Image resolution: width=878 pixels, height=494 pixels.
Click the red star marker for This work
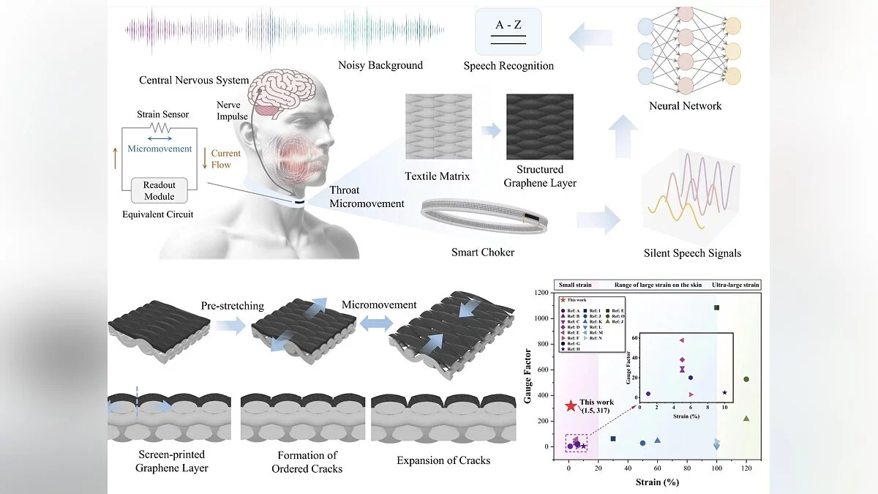(x=571, y=405)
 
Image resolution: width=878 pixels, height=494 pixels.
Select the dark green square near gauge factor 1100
(x=717, y=307)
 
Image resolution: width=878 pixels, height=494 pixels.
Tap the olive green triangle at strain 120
(x=746, y=419)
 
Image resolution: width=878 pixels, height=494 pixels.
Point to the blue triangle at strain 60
(x=658, y=441)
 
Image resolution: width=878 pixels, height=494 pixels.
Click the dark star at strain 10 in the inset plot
(x=724, y=393)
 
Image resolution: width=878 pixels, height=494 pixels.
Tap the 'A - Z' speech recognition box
(x=508, y=32)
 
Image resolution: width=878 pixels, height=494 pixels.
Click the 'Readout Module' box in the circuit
(x=160, y=190)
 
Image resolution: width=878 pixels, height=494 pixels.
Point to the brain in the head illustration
(x=277, y=94)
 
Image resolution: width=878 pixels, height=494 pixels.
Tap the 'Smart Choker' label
(x=482, y=252)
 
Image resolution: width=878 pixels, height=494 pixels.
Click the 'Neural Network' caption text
(x=685, y=106)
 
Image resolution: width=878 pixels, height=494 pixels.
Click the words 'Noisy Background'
(x=380, y=65)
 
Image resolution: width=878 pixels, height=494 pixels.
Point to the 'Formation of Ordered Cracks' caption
(x=307, y=462)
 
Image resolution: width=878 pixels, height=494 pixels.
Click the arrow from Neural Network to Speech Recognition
(x=590, y=37)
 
